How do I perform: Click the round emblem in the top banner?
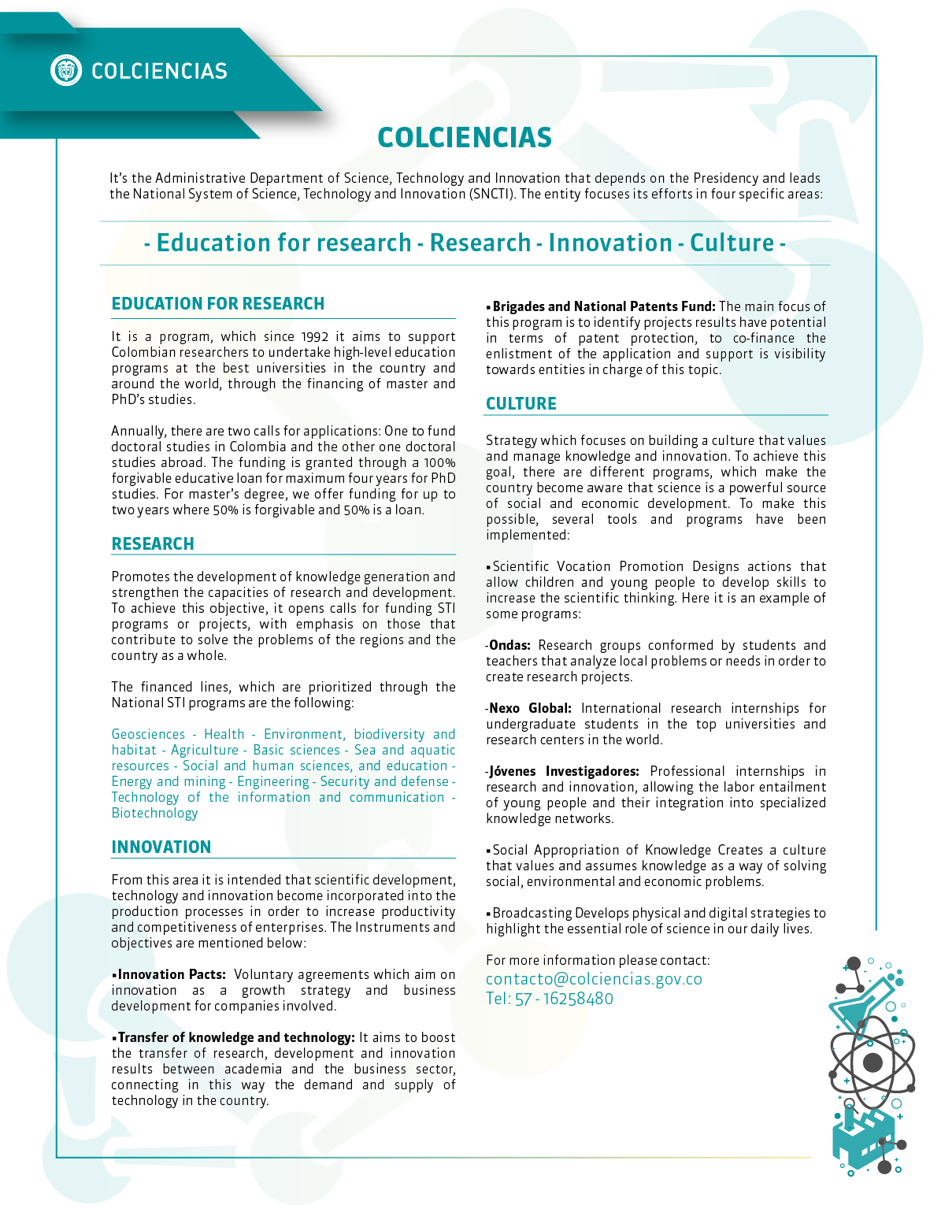click(66, 70)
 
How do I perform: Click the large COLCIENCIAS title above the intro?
click(465, 138)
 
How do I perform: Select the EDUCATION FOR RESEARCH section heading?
click(218, 304)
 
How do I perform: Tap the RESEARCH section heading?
click(153, 544)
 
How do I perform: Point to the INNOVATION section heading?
click(161, 847)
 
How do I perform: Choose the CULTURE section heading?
click(521, 404)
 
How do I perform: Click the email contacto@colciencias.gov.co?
click(594, 979)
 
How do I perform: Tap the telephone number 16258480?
click(578, 999)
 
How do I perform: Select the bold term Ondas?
click(509, 646)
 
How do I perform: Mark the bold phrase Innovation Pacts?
click(172, 975)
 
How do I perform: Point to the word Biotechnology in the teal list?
click(154, 814)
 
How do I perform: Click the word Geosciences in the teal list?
click(148, 735)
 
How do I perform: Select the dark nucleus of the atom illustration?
click(873, 1063)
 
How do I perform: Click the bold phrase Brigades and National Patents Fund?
click(604, 307)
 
